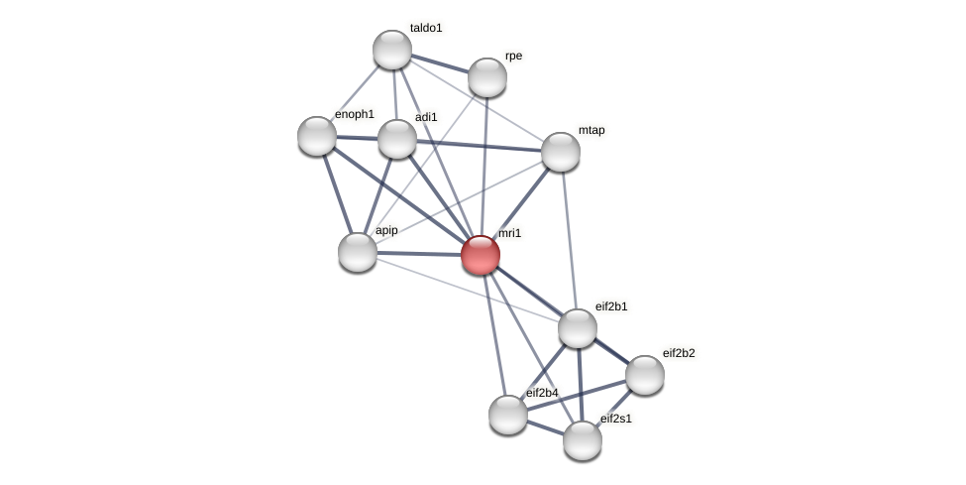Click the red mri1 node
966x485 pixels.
481,255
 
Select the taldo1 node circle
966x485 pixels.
392,50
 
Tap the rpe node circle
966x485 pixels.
487,77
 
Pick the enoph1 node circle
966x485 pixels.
317,136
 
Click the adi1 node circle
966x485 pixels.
397,139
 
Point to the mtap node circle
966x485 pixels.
561,152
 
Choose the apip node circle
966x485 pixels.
358,252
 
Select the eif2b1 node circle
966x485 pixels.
578,328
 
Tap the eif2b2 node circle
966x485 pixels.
645,375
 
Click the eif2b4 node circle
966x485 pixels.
508,415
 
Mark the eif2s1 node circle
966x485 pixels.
583,440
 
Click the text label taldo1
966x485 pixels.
426,28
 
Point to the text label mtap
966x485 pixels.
591,130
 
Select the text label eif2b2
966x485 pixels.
679,353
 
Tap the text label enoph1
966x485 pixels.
355,114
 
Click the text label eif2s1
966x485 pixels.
615,419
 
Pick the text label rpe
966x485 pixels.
513,57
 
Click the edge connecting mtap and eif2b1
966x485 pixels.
569,239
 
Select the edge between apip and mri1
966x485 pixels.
419,254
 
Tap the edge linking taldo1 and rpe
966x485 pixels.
440,63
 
